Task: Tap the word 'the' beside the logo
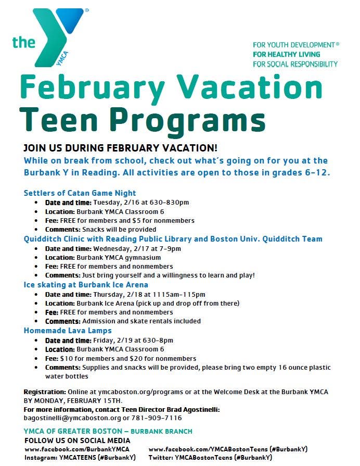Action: (x=24, y=42)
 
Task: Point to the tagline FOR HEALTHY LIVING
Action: (x=286, y=54)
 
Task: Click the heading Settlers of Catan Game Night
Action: (x=80, y=193)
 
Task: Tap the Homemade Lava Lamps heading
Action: (x=68, y=331)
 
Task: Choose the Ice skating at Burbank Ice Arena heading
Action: (x=86, y=285)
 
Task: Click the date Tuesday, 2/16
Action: (x=110, y=203)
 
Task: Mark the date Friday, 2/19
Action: (x=106, y=340)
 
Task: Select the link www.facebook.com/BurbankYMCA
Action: (x=77, y=449)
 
